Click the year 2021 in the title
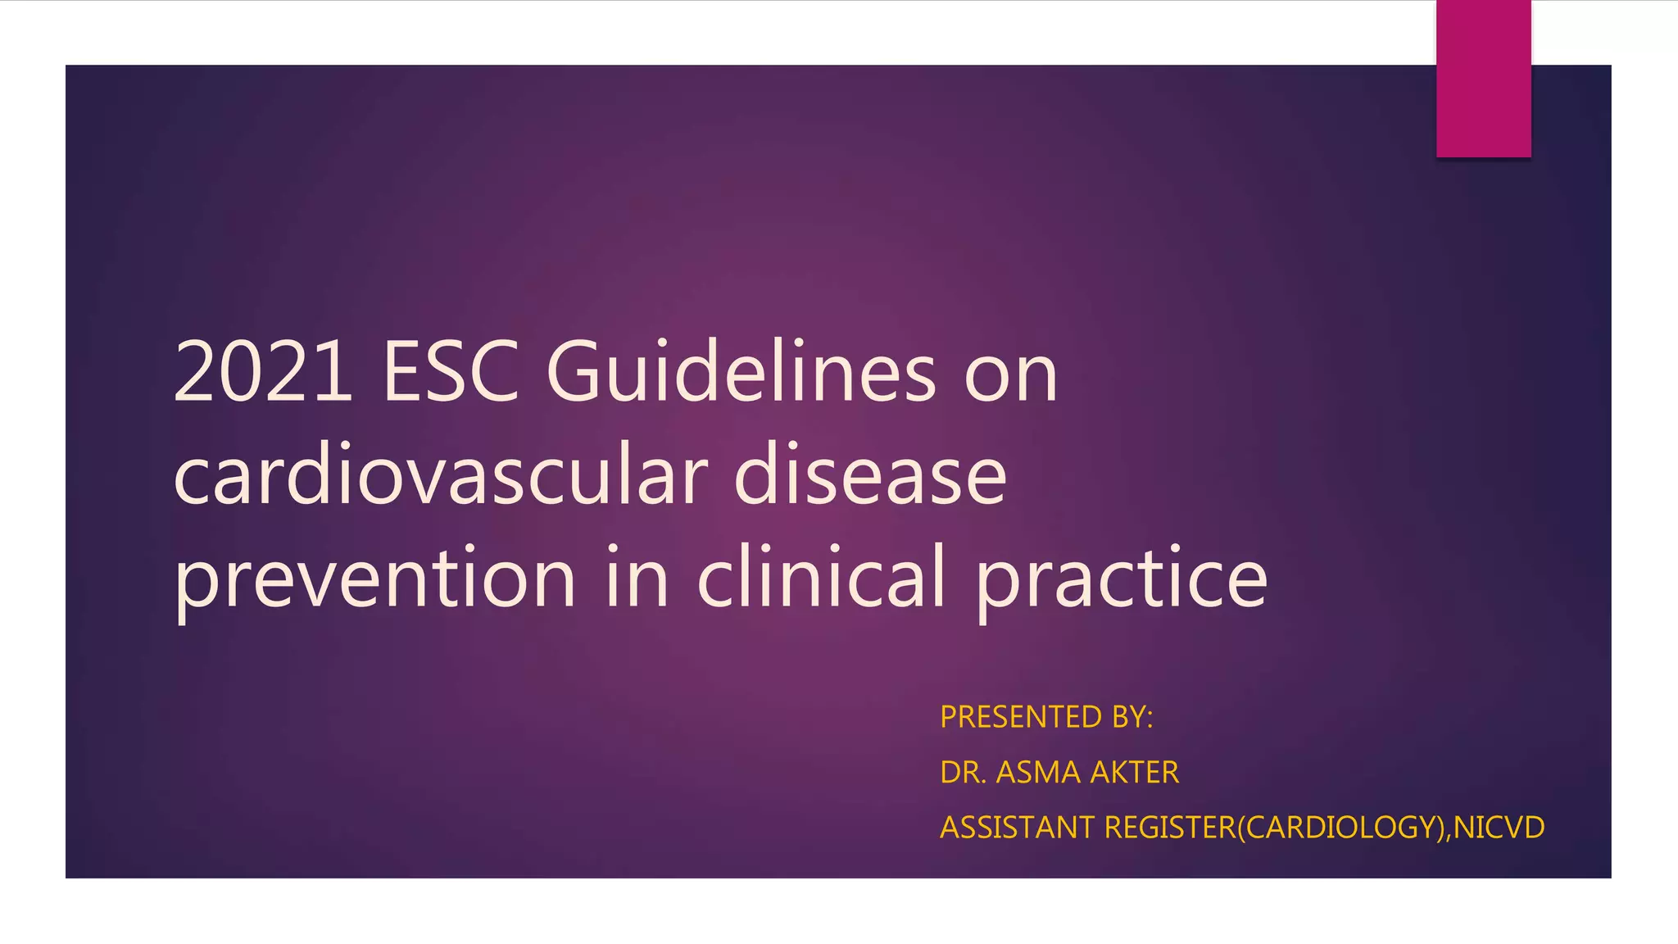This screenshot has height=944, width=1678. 264,373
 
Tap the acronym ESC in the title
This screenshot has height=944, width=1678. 451,373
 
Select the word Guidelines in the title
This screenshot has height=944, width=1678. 741,373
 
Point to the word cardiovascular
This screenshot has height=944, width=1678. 441,477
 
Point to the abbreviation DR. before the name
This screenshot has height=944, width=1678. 963,772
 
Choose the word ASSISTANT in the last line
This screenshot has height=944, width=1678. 1017,828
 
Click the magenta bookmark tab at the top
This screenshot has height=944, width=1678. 1483,79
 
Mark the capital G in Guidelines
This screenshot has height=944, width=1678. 574,373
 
